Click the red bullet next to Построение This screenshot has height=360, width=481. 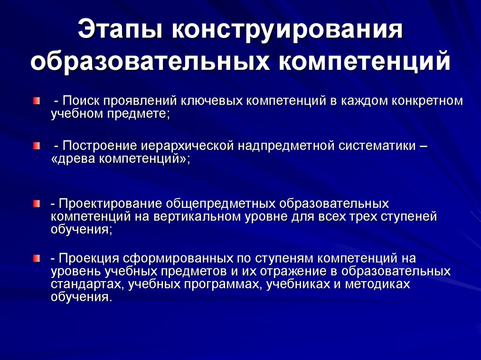(x=36, y=146)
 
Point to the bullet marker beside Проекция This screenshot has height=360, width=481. (x=36, y=258)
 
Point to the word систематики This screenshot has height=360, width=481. (x=376, y=146)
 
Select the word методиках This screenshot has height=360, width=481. (x=378, y=284)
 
